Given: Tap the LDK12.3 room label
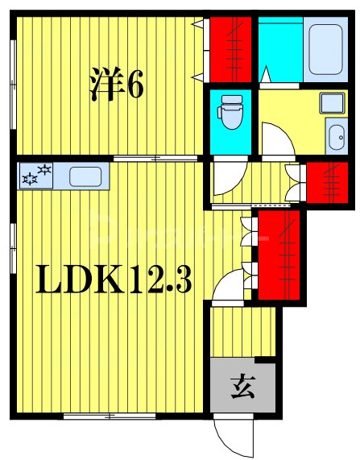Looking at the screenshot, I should [x=112, y=281].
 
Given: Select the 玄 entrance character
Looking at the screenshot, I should [x=241, y=388].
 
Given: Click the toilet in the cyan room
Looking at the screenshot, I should [x=231, y=112].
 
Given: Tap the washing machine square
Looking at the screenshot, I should [x=331, y=103].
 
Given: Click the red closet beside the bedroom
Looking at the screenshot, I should [x=230, y=47].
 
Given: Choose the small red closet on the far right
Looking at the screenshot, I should [x=325, y=182].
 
